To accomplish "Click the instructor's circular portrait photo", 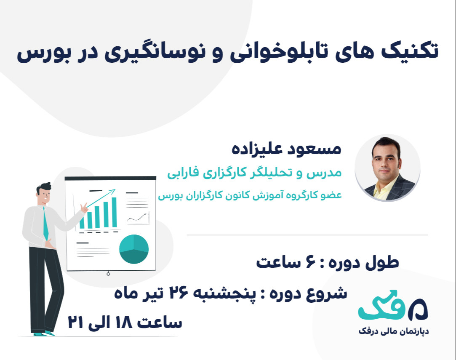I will pyautogui.click(x=387, y=168).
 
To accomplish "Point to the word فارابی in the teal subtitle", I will pyautogui.click(x=184, y=173).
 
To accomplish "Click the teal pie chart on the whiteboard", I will pyautogui.click(x=134, y=249).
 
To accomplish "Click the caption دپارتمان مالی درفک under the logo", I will pyautogui.click(x=393, y=331).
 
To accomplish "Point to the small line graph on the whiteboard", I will pyautogui.click(x=138, y=218).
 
